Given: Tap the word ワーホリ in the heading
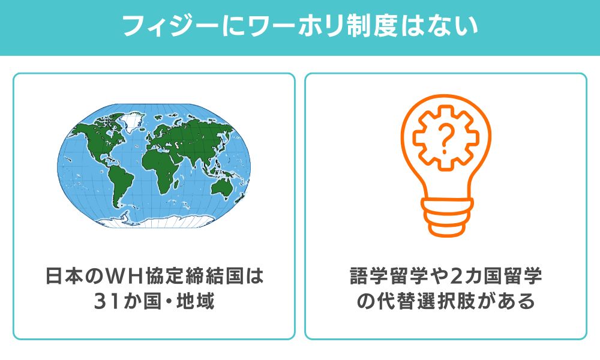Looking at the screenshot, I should point(260,27).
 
